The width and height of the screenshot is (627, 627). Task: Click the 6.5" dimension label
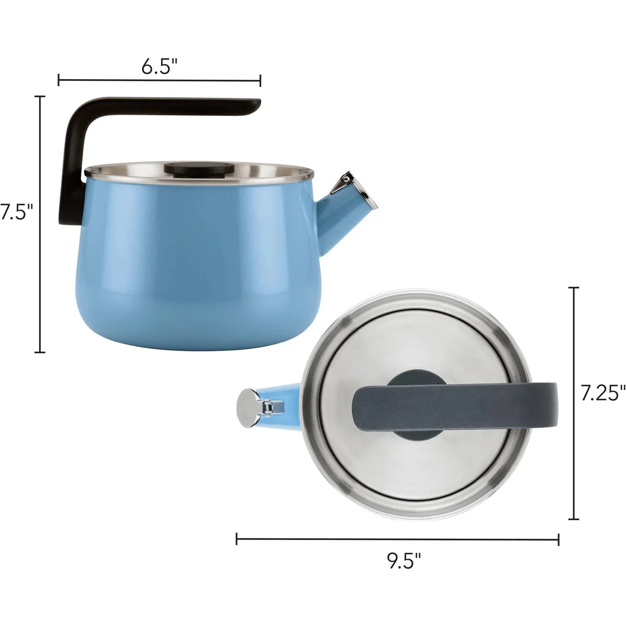click(x=160, y=67)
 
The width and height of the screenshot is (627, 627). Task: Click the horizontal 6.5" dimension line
click(x=160, y=80)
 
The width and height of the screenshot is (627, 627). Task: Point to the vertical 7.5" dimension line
click(x=40, y=224)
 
